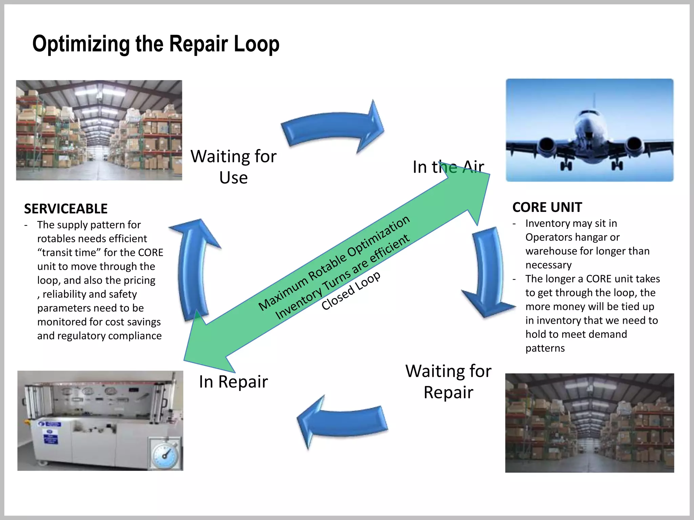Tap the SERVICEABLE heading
pos(66,209)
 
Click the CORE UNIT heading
pos(547,207)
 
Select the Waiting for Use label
pos(233,167)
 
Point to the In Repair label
pos(233,382)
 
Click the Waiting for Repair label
pos(448,382)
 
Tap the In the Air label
pos(448,167)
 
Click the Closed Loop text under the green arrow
pos(351,291)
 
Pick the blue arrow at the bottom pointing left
pos(342,421)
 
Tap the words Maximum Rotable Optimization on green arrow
pos(334,263)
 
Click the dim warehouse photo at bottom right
pos(589,423)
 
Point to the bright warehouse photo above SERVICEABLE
pos(99,130)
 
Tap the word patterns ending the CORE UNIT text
pos(545,348)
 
